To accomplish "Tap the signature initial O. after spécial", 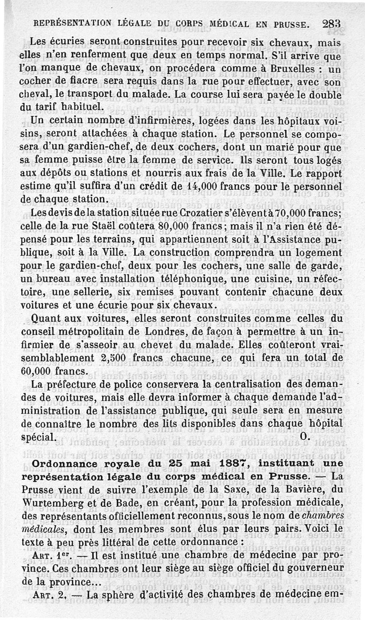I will tap(305, 436).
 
